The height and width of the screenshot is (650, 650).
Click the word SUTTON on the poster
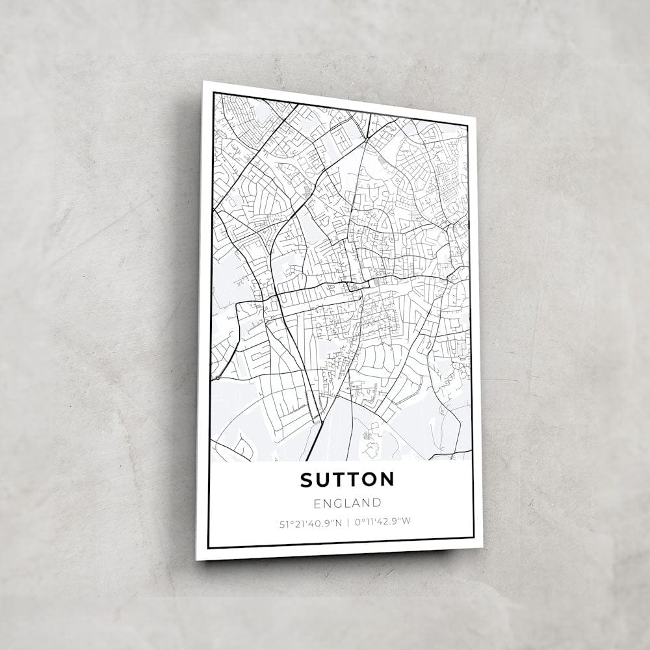(347, 480)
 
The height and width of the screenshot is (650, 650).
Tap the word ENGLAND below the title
(347, 502)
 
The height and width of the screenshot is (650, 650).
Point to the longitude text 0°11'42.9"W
(383, 521)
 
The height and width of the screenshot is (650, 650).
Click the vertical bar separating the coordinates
(348, 521)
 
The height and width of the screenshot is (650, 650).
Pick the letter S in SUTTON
(306, 480)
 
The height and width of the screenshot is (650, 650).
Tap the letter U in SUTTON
(322, 480)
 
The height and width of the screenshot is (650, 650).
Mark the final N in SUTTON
(387, 480)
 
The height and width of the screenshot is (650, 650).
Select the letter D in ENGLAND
(376, 502)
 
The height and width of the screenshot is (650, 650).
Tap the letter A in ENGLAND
(356, 502)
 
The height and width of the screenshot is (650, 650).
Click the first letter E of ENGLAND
(317, 502)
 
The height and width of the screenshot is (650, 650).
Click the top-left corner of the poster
(203, 81)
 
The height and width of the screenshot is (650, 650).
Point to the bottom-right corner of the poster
(483, 547)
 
